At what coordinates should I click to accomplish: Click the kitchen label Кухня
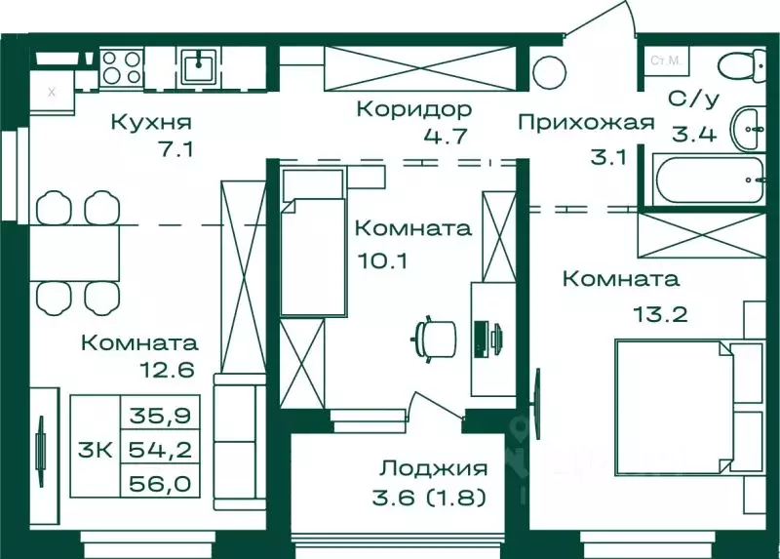(150, 123)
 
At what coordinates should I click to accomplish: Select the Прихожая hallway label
(584, 123)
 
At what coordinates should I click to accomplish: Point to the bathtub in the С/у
(701, 180)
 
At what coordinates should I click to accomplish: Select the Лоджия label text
(434, 468)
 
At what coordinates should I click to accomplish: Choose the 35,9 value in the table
(158, 415)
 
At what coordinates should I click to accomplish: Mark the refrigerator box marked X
(51, 93)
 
